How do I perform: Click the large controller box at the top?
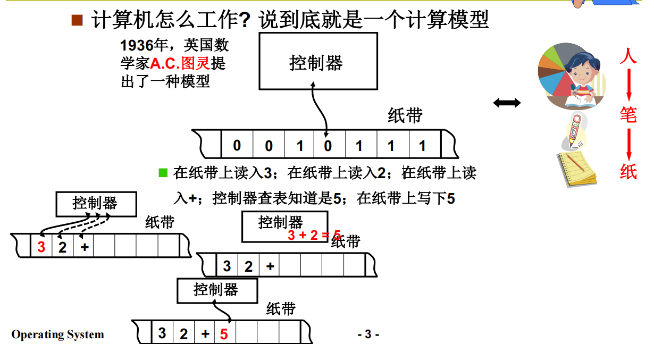[318, 61]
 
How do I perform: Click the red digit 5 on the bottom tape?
[224, 334]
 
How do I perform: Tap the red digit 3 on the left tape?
[41, 247]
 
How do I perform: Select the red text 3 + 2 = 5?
[314, 235]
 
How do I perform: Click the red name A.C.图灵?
[180, 64]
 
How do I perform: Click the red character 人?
[628, 55]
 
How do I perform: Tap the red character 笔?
[628, 114]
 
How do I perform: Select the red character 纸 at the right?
[628, 171]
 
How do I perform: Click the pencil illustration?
[575, 131]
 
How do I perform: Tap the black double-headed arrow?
[507, 103]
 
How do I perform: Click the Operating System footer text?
[58, 334]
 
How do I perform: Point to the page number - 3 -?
[368, 334]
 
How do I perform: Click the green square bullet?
[163, 172]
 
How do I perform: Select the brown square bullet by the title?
[78, 21]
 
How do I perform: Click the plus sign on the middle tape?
[270, 266]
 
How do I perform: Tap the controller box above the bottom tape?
[217, 290]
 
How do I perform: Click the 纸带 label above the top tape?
[405, 115]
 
